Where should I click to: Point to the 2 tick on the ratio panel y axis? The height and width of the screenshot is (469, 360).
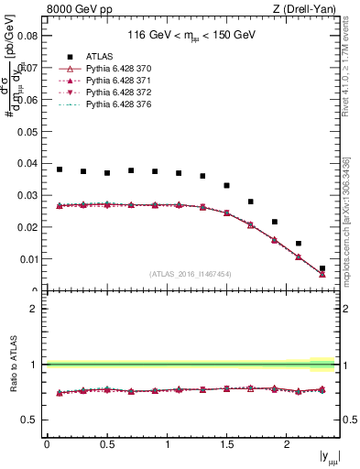coord(33,309)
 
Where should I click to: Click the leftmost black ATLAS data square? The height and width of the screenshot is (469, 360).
coord(60,169)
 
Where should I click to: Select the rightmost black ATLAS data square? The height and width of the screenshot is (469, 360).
coord(322,268)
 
